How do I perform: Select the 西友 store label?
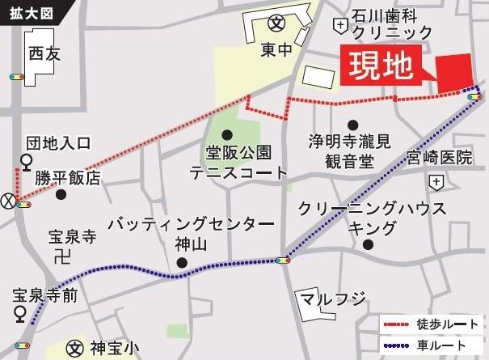tap(44, 54)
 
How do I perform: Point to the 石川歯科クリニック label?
tap(392, 24)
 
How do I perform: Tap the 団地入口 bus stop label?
tap(61, 143)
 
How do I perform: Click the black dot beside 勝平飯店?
tap(59, 194)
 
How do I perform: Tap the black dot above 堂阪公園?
tap(227, 134)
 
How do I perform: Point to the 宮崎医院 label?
tap(439, 157)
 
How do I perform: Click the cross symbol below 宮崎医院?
tap(437, 180)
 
